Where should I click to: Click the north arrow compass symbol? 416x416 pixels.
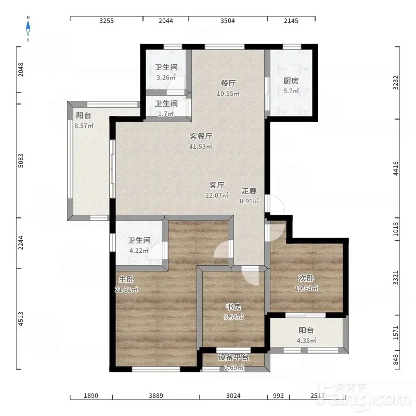pyautogui.click(x=28, y=29)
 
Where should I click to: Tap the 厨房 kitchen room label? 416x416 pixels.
pyautogui.click(x=291, y=81)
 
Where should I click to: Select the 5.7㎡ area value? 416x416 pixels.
pyautogui.click(x=291, y=91)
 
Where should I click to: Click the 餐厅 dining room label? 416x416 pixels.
pyautogui.click(x=228, y=83)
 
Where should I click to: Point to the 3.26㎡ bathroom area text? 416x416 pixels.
pyautogui.click(x=166, y=77)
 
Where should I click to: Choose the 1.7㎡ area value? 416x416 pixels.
pyautogui.click(x=166, y=114)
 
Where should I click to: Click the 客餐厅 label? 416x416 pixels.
pyautogui.click(x=201, y=136)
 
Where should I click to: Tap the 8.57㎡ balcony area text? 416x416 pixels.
pyautogui.click(x=84, y=126)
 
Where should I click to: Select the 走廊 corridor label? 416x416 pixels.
pyautogui.click(x=249, y=191)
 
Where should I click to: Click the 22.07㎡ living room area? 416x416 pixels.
pyautogui.click(x=217, y=196)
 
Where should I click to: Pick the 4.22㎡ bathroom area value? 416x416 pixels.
pyautogui.click(x=139, y=251)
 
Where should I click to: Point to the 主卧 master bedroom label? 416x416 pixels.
pyautogui.click(x=126, y=279)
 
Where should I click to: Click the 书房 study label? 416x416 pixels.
pyautogui.click(x=233, y=307)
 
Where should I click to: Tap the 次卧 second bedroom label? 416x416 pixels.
pyautogui.click(x=306, y=278)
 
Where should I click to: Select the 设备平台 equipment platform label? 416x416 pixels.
pyautogui.click(x=233, y=357)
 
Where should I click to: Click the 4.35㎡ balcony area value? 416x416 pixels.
pyautogui.click(x=306, y=341)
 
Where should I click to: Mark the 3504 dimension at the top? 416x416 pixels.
pyautogui.click(x=228, y=21)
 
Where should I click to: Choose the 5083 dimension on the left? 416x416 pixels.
pyautogui.click(x=21, y=161)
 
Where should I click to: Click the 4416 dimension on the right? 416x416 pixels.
pyautogui.click(x=396, y=168)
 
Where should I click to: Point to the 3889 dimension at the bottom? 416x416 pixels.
pyautogui.click(x=155, y=396)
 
